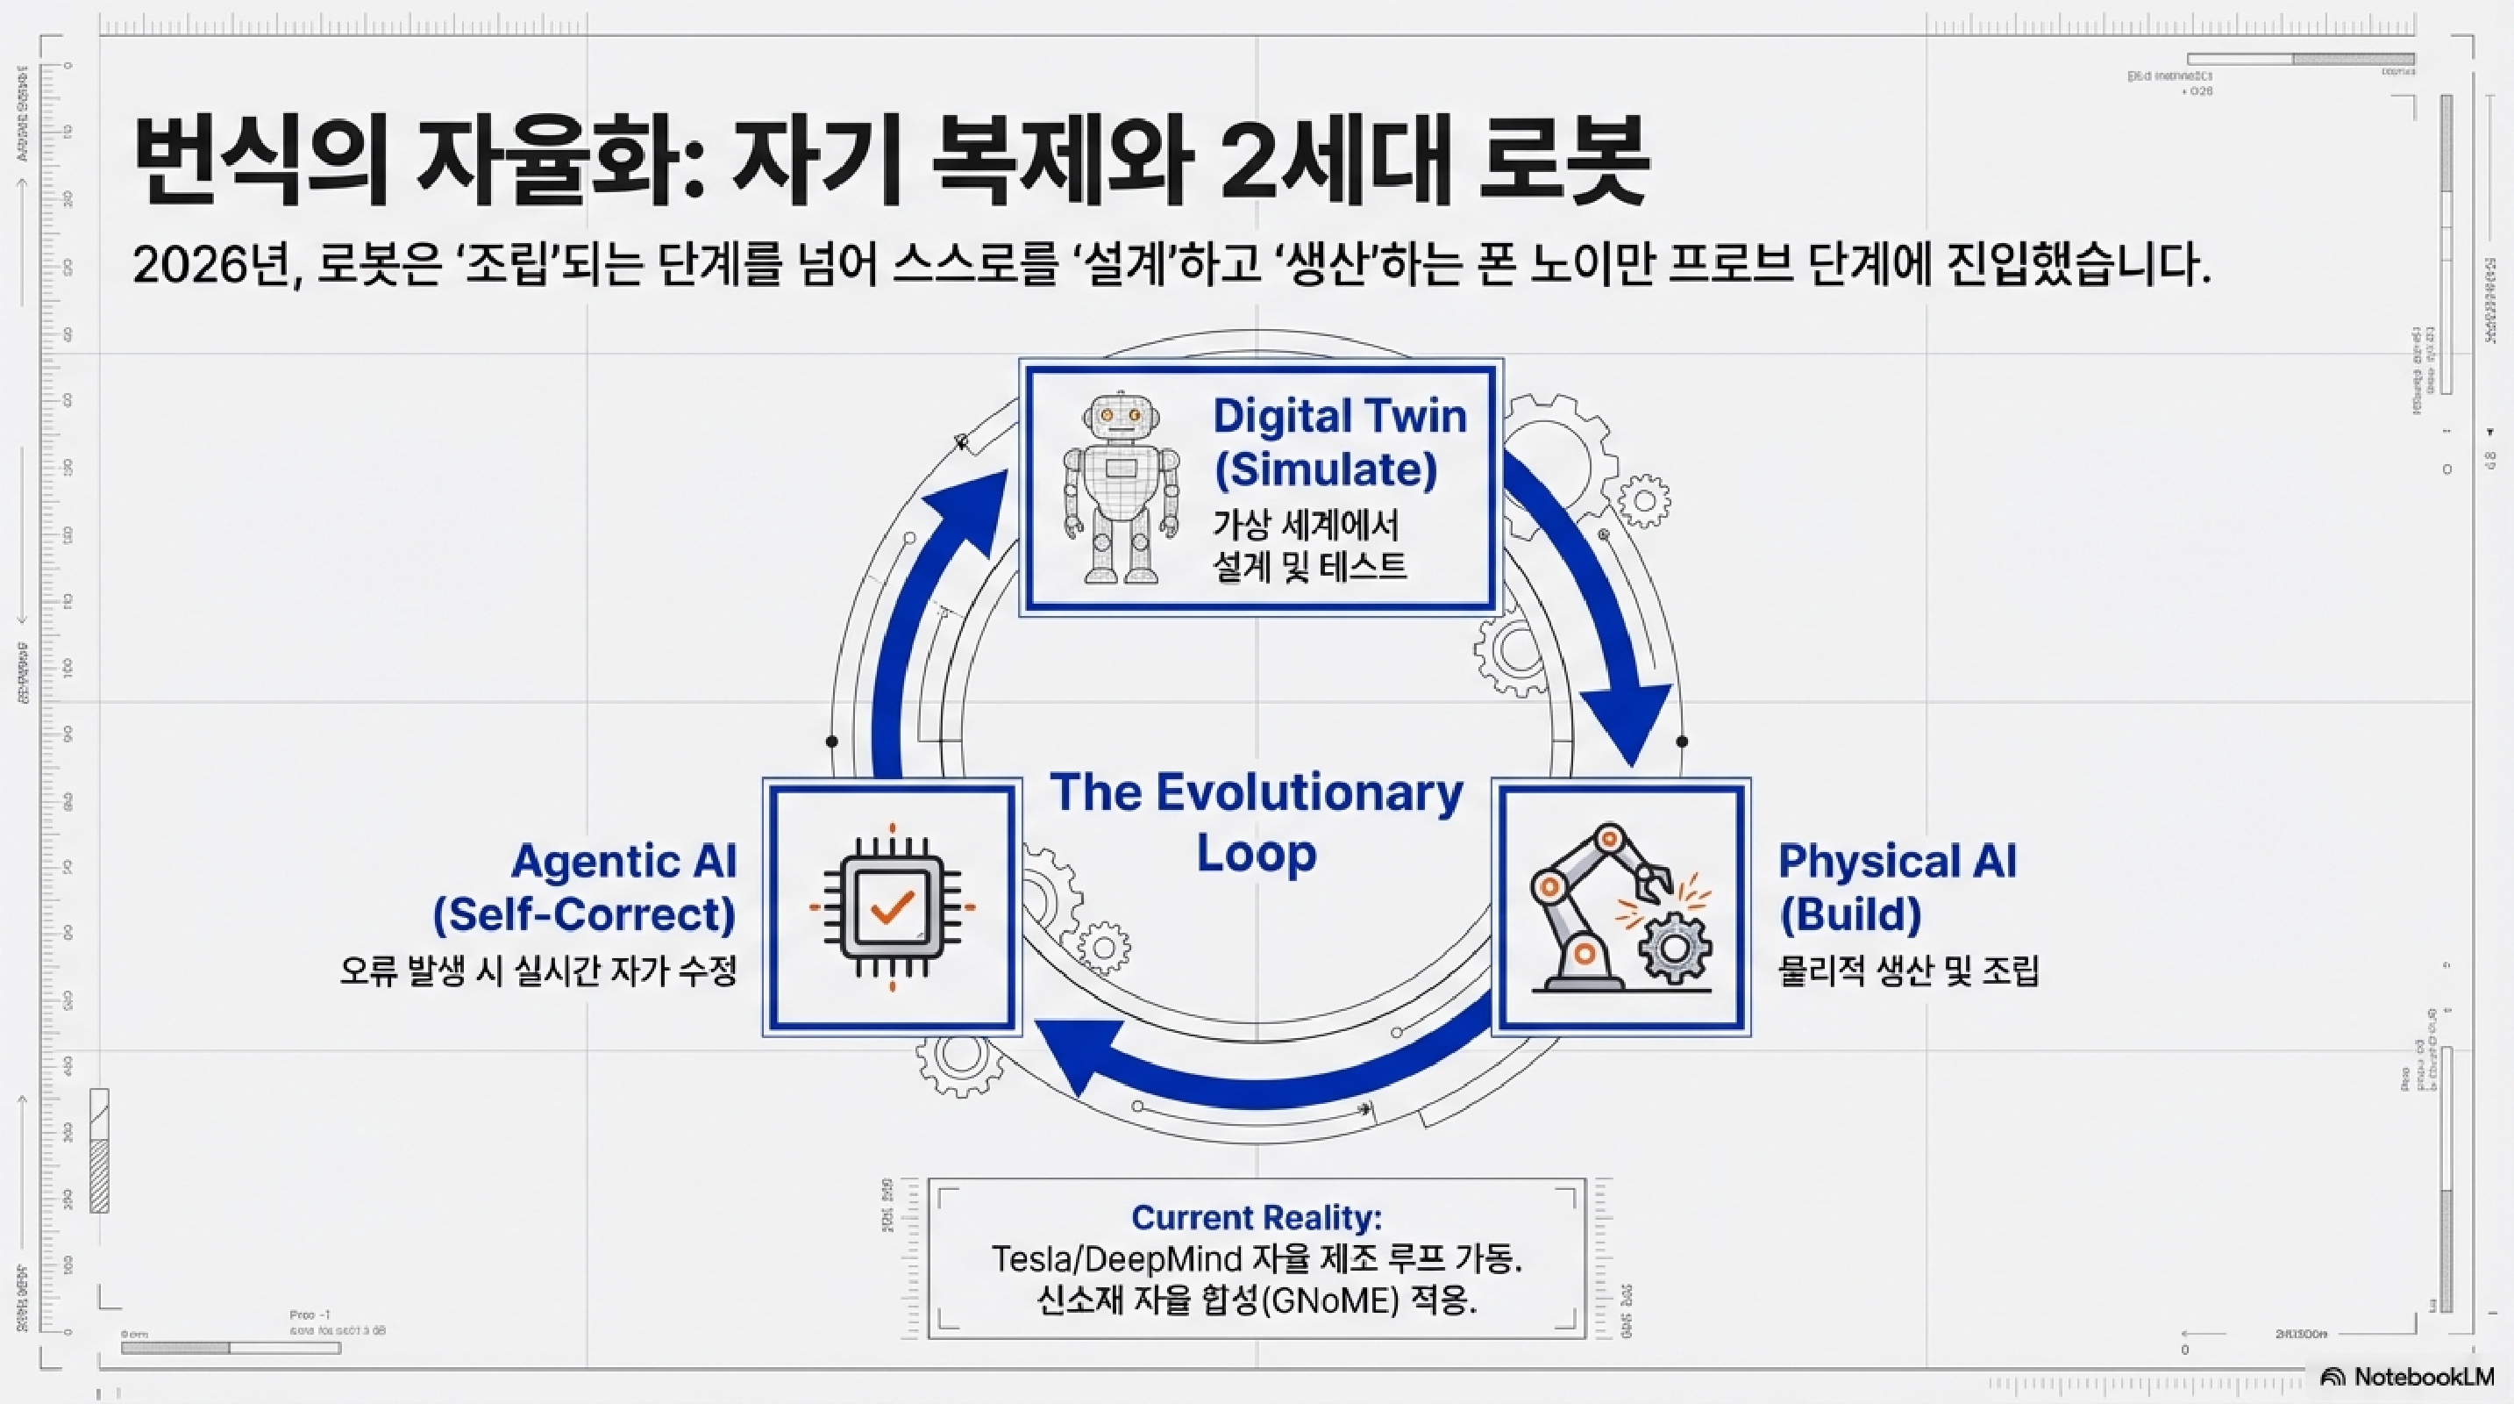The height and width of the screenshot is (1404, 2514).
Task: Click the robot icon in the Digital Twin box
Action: (1120, 488)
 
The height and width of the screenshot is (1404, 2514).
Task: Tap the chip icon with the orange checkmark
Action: (892, 906)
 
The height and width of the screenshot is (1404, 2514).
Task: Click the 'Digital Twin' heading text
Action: (1339, 417)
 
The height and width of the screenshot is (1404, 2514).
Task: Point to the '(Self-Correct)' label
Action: (584, 915)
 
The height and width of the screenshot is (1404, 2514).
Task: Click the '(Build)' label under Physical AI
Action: (1849, 915)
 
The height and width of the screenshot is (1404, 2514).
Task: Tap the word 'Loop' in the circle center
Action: (1256, 853)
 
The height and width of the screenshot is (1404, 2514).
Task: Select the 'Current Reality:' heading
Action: (1256, 1216)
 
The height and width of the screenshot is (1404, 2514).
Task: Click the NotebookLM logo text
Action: (2423, 1377)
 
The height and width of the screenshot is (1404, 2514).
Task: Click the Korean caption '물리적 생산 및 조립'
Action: (1908, 971)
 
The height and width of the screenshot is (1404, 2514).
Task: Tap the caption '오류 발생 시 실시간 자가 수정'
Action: (538, 971)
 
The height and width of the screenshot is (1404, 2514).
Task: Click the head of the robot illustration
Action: (1120, 418)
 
